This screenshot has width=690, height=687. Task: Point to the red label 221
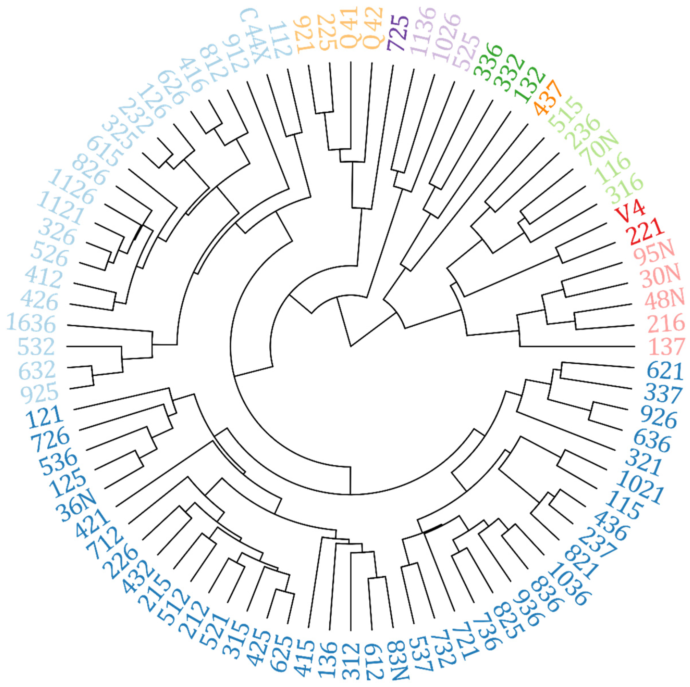coord(645,231)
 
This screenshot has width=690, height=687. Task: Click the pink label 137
coord(666,346)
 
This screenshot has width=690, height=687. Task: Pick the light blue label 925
coord(39,392)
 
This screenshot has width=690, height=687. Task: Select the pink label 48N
coord(664,299)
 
